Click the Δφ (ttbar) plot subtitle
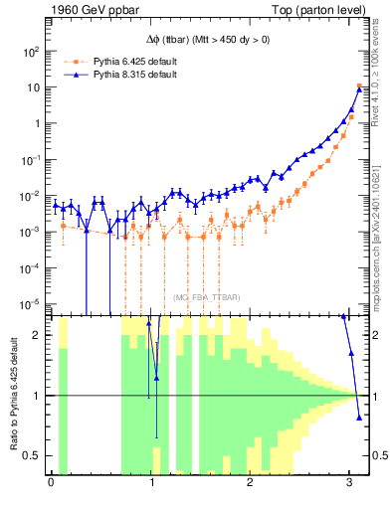[206, 38]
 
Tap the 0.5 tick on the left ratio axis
[37, 456]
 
